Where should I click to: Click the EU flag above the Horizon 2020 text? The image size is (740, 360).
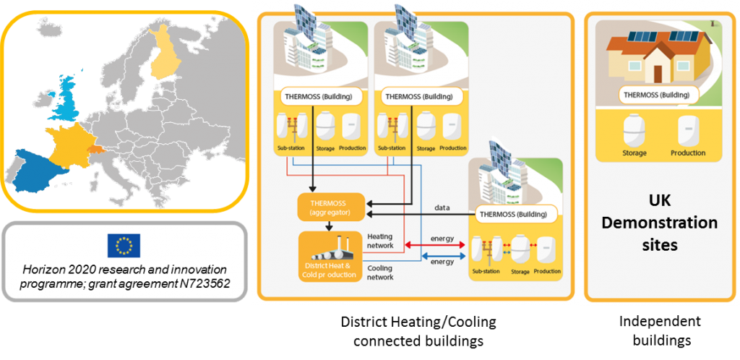tap(124, 246)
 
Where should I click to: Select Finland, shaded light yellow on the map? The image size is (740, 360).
tap(167, 54)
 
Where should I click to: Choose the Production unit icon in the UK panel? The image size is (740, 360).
tap(687, 131)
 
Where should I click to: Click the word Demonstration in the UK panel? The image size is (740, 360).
tap(660, 222)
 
